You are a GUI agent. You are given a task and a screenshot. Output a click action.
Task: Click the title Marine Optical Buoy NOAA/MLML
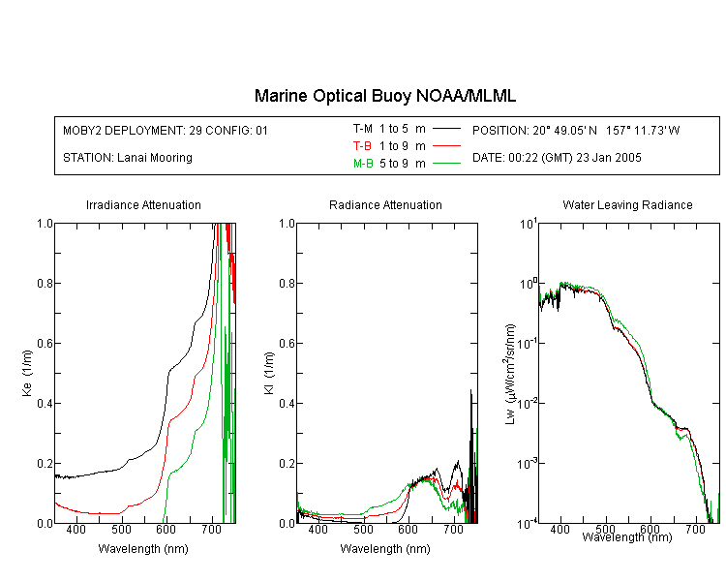tap(384, 96)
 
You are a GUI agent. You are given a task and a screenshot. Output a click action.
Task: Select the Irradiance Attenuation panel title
tap(143, 204)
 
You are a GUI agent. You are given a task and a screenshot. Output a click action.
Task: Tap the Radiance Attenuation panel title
tap(385, 204)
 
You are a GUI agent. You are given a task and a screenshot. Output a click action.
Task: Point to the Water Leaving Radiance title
tap(627, 204)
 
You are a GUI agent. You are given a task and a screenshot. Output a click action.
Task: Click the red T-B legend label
tap(362, 146)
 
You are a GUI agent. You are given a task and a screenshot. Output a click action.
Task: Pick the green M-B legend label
tap(363, 164)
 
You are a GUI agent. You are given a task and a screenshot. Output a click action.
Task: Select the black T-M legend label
tap(363, 129)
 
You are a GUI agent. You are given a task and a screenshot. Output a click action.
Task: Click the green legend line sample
tap(446, 163)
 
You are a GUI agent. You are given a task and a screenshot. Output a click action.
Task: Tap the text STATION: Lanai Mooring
tap(128, 158)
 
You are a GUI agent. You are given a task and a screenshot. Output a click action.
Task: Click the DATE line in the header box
tap(557, 158)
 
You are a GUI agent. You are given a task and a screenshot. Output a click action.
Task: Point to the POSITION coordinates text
tap(576, 130)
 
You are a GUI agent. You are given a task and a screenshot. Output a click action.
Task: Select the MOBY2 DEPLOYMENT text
tap(166, 130)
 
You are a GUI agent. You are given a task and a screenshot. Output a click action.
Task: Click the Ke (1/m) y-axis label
tap(27, 374)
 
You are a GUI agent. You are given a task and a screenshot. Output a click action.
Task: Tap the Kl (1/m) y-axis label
tap(269, 374)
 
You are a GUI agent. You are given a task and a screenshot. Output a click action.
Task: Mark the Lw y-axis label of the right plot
tap(510, 374)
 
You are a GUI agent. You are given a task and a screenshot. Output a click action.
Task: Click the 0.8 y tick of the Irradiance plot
tap(45, 283)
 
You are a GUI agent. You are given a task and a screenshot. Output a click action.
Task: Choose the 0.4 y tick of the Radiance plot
tap(287, 404)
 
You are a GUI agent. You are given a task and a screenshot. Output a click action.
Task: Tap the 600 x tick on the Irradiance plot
tap(166, 529)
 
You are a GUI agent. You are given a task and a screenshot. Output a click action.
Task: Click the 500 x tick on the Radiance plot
tap(363, 529)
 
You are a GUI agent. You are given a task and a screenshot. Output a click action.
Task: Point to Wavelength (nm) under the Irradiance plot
tap(143, 549)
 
